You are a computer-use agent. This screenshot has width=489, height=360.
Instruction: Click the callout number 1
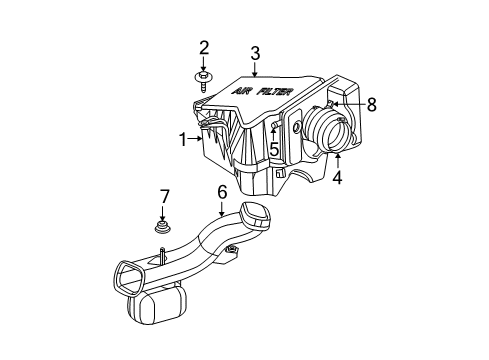tap(182, 141)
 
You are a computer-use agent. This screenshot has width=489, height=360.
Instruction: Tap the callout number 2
tap(204, 47)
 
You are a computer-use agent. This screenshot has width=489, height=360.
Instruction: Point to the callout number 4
tap(337, 180)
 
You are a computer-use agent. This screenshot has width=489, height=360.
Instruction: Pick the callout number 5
tap(272, 149)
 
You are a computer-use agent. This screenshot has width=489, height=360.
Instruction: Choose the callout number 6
tap(222, 191)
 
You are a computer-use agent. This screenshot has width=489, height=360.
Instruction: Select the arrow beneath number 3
tap(255, 70)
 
